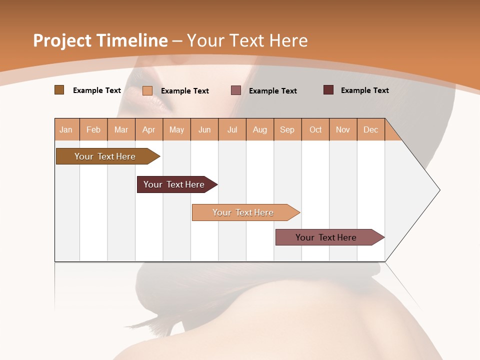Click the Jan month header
coord(66,129)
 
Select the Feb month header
coord(93,129)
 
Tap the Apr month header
coord(149,129)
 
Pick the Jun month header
coord(204,129)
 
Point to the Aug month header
coord(260,129)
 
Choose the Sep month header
coord(287,129)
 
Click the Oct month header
coord(315,129)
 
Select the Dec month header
coord(371,129)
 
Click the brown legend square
coord(59,90)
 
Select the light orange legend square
coord(147,90)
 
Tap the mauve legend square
coord(236,90)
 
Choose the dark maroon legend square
coord(328,90)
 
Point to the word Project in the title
coord(62,40)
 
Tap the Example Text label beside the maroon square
coord(364,90)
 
